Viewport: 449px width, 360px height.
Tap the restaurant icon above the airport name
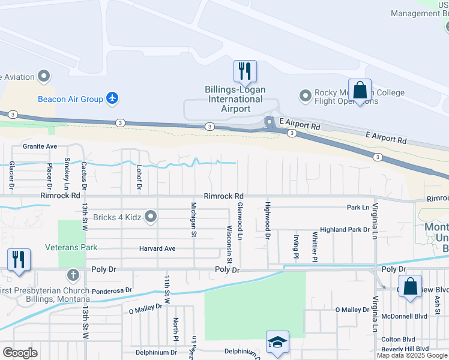[245, 71]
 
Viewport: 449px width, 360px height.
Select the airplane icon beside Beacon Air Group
[112, 98]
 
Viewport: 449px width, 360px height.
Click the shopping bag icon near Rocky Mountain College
[360, 91]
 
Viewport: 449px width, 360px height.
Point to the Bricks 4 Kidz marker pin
[151, 217]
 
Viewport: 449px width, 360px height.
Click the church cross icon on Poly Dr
[73, 276]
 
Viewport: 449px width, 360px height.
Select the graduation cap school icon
[277, 342]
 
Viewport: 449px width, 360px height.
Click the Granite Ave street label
[40, 146]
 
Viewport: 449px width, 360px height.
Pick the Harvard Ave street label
[157, 248]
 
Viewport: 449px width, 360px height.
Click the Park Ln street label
[358, 208]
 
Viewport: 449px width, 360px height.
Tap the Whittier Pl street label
[314, 246]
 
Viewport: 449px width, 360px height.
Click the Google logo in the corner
[20, 353]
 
